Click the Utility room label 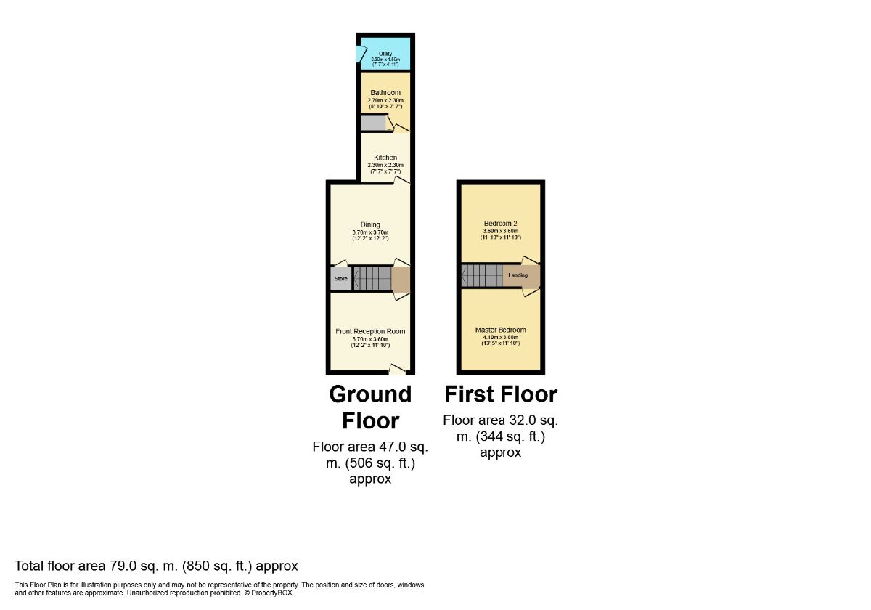coord(385,53)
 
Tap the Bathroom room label coord(385,93)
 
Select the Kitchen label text coord(385,158)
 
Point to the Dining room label coord(370,224)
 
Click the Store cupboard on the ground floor coord(340,278)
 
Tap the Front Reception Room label coord(370,331)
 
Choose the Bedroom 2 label coord(500,223)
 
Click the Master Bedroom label coord(500,330)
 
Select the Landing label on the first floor coord(518,275)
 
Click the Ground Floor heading coord(370,407)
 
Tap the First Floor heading coord(500,394)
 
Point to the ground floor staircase coord(373,278)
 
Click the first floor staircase coord(483,275)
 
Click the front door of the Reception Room coord(397,370)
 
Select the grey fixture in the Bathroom coord(373,123)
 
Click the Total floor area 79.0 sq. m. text coord(156,566)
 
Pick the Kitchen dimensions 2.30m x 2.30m coord(385,165)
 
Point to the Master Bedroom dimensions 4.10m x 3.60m coord(500,337)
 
